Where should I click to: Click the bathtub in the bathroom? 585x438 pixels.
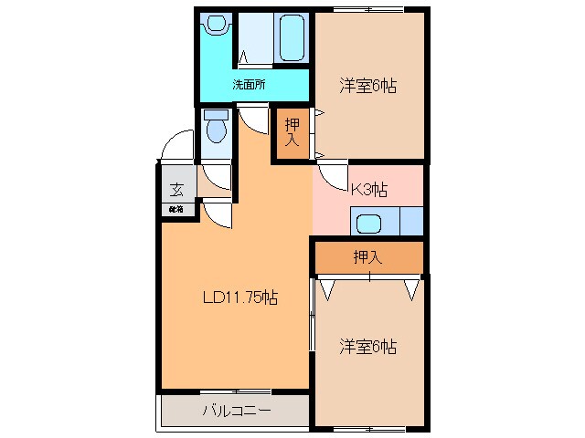[291, 37]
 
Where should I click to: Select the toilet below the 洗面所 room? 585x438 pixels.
[216, 127]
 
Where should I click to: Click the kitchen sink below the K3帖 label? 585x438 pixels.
[370, 223]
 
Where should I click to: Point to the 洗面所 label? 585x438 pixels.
[248, 85]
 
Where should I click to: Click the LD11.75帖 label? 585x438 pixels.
[239, 297]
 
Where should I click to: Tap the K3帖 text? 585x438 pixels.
[369, 190]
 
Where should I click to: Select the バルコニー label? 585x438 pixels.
[236, 411]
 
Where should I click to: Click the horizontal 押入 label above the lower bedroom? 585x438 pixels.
[367, 258]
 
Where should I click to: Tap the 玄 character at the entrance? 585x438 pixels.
[175, 191]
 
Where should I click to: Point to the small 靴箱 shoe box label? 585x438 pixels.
[175, 210]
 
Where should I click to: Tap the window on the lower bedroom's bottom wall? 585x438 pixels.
[369, 426]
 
